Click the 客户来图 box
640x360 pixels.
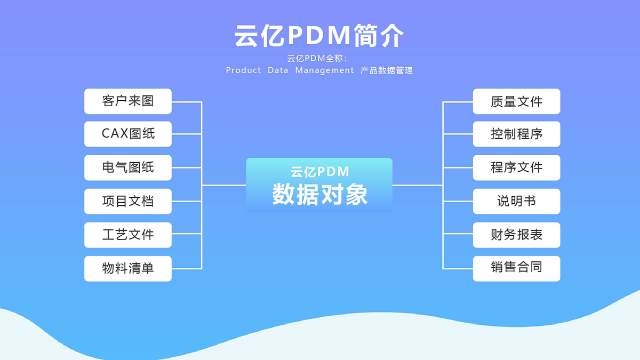pos(128,101)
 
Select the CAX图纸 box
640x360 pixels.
pos(128,134)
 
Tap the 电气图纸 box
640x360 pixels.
pos(128,167)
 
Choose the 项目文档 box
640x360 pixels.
pos(128,202)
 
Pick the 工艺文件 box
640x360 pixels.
pos(128,235)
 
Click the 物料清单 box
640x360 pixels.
pos(128,269)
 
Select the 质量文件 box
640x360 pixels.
pos(517,101)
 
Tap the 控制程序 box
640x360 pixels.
pos(517,134)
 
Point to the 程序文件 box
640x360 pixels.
pos(517,167)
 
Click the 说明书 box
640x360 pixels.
pos(517,202)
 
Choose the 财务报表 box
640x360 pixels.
pos(517,235)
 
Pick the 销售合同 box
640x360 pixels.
pos(517,269)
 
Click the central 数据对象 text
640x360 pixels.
pos(319,194)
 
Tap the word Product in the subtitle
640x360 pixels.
pos(243,70)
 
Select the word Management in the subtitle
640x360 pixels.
pos(325,70)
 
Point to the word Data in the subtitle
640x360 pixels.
pos(278,70)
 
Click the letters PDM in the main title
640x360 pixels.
pos(319,35)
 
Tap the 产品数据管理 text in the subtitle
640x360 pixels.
pos(386,70)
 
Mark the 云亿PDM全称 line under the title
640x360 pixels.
pos(317,58)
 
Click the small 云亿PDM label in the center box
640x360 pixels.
pos(319,172)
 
